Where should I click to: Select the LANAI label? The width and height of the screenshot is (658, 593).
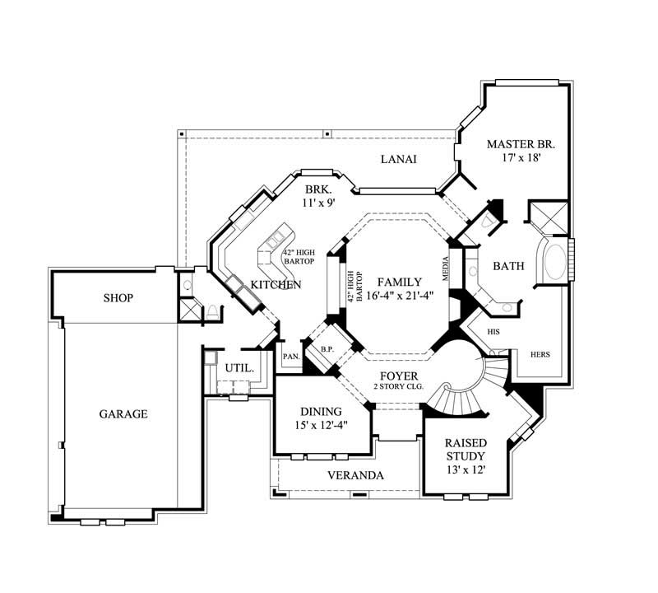tap(397, 159)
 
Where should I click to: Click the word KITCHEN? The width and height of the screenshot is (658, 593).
tap(276, 284)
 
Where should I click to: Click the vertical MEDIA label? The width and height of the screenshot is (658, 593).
tap(446, 270)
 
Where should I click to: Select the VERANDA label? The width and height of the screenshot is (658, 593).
tap(355, 475)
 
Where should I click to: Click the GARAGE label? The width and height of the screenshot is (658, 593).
tap(123, 413)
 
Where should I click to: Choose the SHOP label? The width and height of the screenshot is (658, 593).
tap(118, 297)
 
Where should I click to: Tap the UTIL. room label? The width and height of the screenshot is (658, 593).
tap(239, 367)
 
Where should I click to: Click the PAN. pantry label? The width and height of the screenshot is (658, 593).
tap(290, 357)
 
